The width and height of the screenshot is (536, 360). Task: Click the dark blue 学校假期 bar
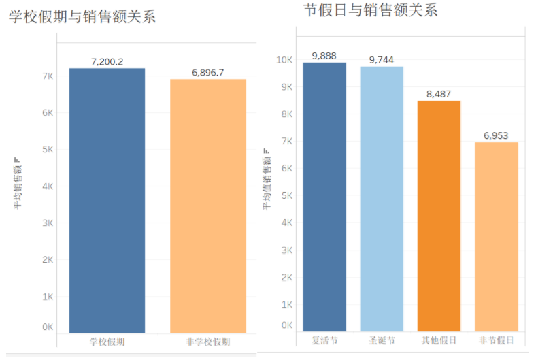[107, 200]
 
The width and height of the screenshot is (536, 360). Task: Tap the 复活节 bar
[324, 197]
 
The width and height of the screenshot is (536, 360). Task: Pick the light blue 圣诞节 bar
[382, 199]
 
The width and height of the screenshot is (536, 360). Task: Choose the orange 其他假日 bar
[439, 216]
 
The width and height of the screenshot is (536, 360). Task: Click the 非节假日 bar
[496, 236]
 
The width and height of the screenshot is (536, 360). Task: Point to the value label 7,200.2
[107, 62]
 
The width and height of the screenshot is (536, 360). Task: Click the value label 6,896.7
[207, 73]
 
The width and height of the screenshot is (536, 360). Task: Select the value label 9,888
[324, 56]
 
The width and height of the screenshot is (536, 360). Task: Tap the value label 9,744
[382, 60]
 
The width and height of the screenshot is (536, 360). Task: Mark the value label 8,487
[439, 94]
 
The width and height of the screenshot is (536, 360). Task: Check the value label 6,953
[496, 135]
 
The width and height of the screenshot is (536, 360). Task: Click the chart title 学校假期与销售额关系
[82, 17]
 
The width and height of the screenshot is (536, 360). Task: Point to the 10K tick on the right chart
[284, 60]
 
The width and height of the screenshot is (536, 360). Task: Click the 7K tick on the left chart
[48, 76]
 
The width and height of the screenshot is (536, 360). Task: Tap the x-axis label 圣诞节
[382, 340]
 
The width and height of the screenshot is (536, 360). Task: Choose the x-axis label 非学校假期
[207, 341]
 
